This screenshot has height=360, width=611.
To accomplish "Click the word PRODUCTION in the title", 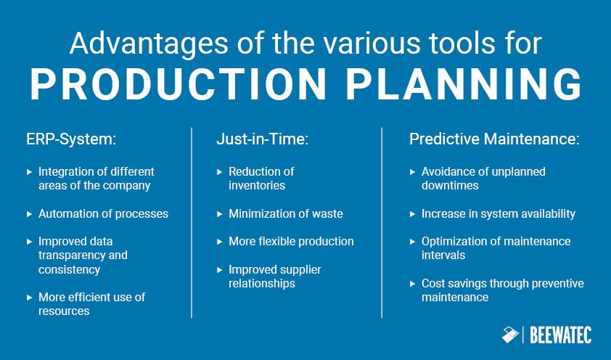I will tap(171, 85).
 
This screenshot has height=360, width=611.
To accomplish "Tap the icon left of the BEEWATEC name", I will tap(512, 335).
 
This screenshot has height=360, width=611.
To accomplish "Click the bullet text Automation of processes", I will tap(102, 213).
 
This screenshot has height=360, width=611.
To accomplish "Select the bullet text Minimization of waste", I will tap(285, 213).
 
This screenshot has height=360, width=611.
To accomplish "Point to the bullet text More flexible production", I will tap(291, 240).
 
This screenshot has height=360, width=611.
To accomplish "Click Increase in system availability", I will tap(498, 213).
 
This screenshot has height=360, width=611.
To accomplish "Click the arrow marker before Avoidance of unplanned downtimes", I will tap(413, 172).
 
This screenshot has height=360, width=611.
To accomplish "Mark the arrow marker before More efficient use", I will tap(30, 298).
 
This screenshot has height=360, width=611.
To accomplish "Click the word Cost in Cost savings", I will tap(433, 283).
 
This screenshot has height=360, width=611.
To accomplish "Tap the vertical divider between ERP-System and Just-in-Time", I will tap(192, 222).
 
